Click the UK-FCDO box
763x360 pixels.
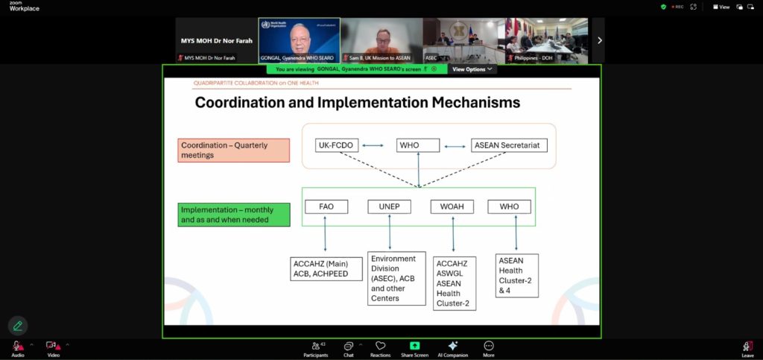(334, 145)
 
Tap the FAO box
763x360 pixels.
(326, 206)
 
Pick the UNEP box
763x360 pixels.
(389, 206)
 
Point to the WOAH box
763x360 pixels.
(452, 206)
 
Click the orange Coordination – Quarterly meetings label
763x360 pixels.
(234, 150)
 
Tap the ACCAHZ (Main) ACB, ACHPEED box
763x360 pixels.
(326, 268)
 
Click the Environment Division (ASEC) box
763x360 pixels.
(396, 278)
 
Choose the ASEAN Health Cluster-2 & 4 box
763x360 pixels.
(516, 276)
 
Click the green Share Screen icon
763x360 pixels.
(415, 346)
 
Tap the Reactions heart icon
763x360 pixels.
(380, 346)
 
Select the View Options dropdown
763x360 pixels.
(472, 69)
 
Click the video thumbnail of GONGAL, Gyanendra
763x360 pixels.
(299, 40)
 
